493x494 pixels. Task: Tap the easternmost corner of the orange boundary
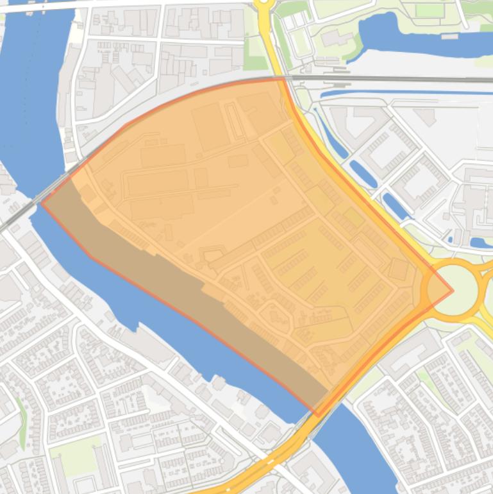click(453, 290)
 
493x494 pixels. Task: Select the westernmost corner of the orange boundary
click(42, 203)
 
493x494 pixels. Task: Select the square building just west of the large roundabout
click(398, 269)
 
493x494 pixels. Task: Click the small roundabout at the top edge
click(263, 3)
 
